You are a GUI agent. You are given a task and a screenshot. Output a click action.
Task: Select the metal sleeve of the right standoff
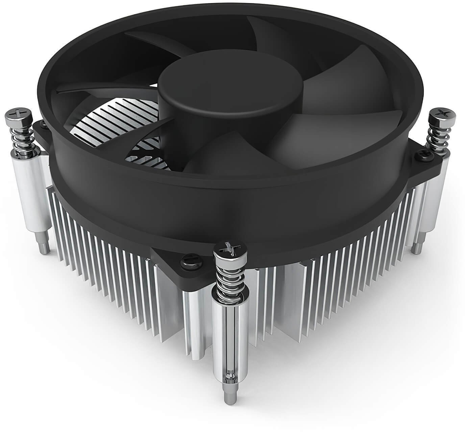click(x=429, y=202)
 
